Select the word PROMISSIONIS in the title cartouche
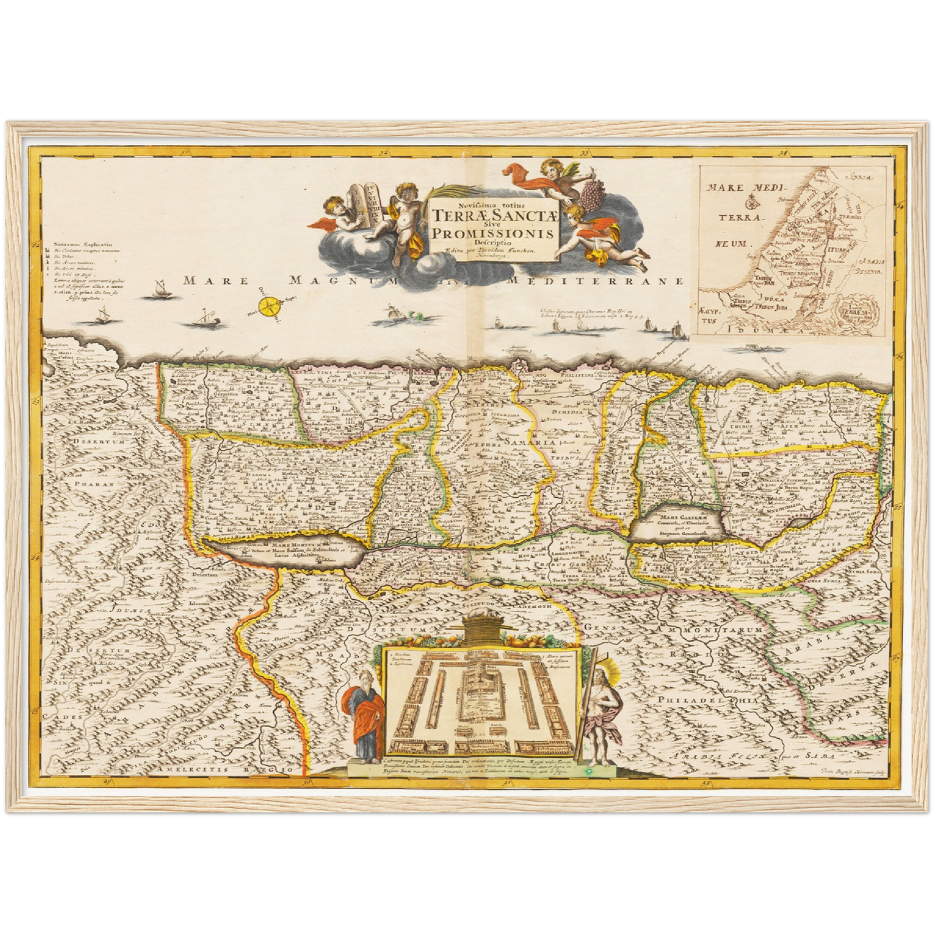tap(494, 233)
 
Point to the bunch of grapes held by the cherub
tap(588, 191)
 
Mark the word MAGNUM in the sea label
tap(323, 281)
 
